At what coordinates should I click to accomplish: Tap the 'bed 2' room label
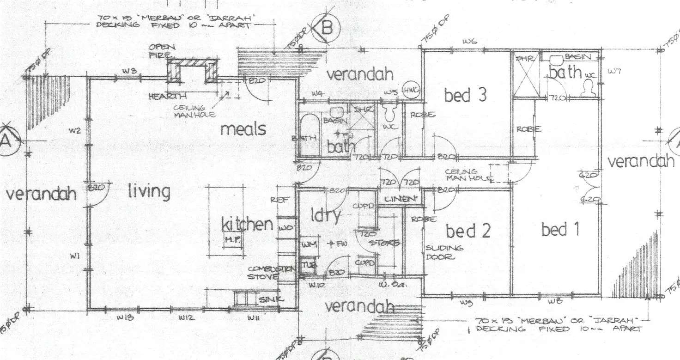coord(468,231)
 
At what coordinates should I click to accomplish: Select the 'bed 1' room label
coord(560,229)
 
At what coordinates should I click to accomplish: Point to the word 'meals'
coord(243,129)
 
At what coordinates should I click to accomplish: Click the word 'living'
coord(149,191)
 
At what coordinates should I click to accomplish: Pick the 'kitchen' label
coord(247,225)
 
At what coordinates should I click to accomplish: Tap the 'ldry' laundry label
coord(326,215)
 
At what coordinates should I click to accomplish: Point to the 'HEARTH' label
coord(168,97)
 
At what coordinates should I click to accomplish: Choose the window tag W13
coord(125,317)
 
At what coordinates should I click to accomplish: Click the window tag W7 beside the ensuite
coord(614,71)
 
